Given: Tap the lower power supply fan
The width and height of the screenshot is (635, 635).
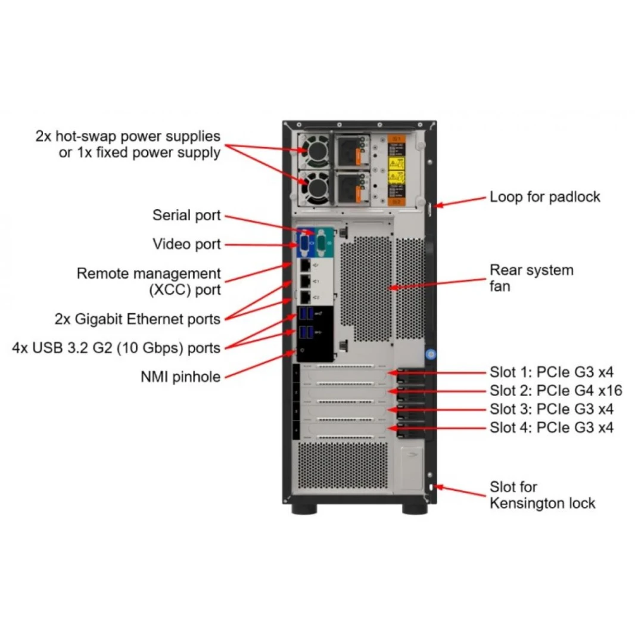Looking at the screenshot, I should [315, 185].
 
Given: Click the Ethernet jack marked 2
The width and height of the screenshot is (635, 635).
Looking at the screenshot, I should [305, 297].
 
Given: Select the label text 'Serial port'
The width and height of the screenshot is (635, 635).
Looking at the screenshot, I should [186, 215].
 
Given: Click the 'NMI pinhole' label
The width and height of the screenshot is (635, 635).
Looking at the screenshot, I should [180, 376].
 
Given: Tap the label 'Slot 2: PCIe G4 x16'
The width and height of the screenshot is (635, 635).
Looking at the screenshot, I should [555, 391].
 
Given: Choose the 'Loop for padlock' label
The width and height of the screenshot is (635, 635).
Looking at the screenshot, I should [544, 197].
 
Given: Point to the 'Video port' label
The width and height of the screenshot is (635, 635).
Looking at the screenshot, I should [186, 244].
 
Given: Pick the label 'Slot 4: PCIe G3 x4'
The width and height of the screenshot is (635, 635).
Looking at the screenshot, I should [551, 427].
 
